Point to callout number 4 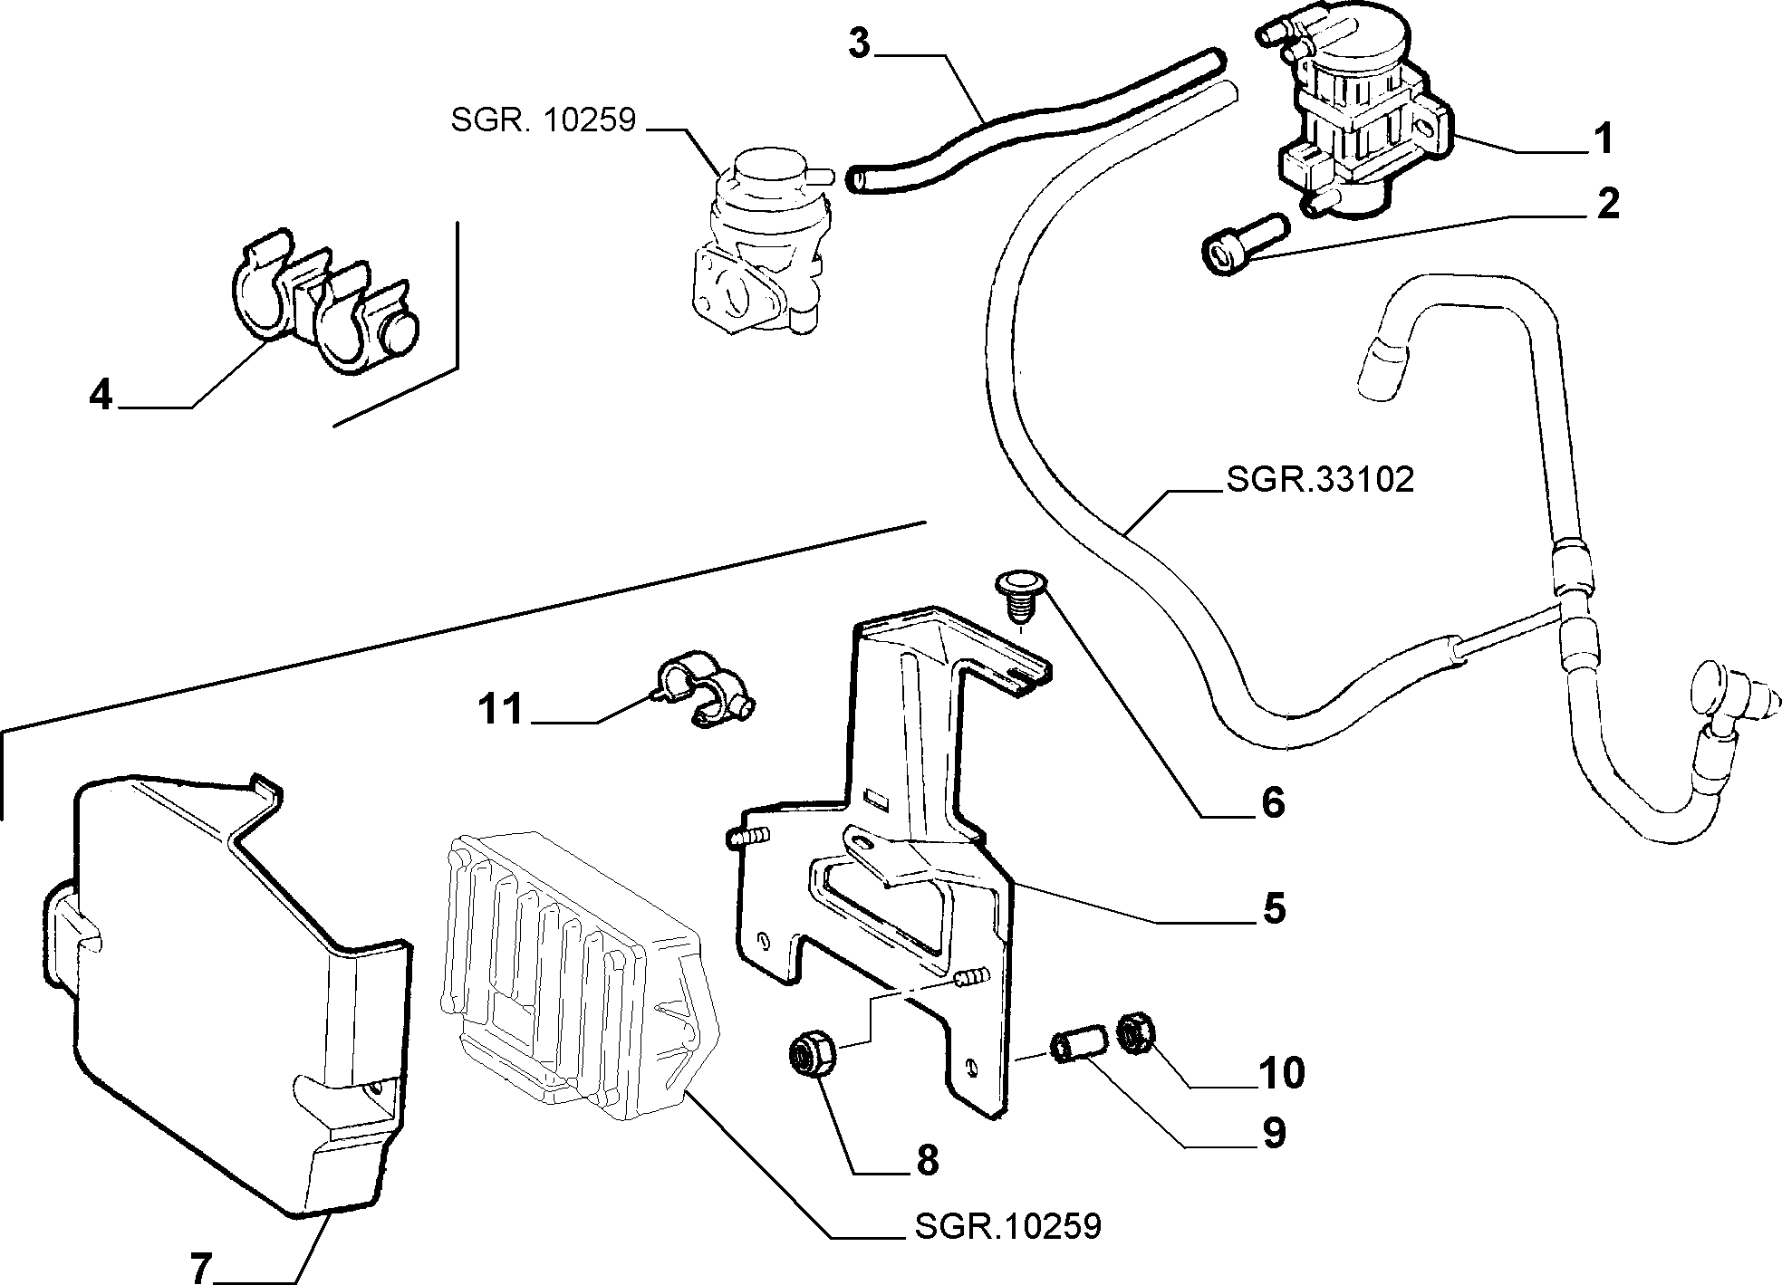pos(101,395)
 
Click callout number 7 pos(201,1267)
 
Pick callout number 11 pos(501,709)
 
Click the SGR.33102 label pos(1319,479)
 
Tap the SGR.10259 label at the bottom pos(1007,1226)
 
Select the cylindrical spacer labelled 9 pos(1075,1040)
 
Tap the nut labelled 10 pos(1132,1033)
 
